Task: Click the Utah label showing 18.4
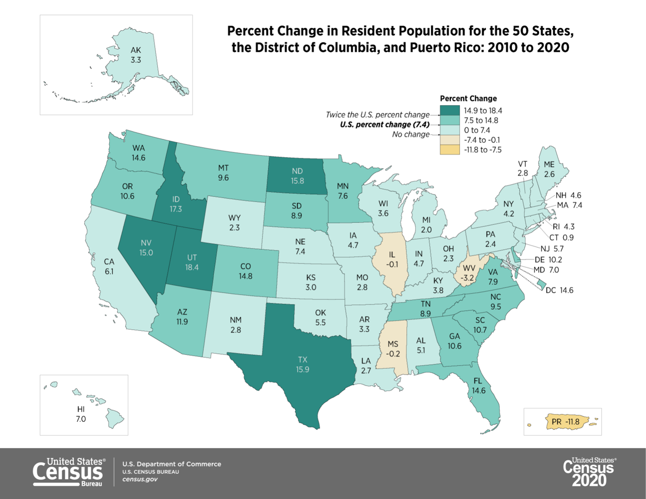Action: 192,263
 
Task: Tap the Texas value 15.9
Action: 302,370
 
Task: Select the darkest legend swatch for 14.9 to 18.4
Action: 449,111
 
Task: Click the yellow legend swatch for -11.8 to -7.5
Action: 449,150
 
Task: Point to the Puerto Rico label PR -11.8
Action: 565,422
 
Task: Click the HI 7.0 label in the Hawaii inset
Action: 81,414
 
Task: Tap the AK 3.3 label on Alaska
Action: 136,55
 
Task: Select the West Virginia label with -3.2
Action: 469,273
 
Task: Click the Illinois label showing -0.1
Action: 392,259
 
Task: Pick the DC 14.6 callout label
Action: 559,290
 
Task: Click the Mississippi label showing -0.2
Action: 393,349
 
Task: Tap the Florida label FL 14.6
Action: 478,386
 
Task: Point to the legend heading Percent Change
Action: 468,99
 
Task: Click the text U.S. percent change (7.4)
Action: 384,124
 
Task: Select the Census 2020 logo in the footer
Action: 589,472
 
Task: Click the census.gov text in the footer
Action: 140,480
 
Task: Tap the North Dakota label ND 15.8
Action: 297,176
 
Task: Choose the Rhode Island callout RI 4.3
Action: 563,227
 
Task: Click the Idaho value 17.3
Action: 176,209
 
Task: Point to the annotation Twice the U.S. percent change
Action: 377,115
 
